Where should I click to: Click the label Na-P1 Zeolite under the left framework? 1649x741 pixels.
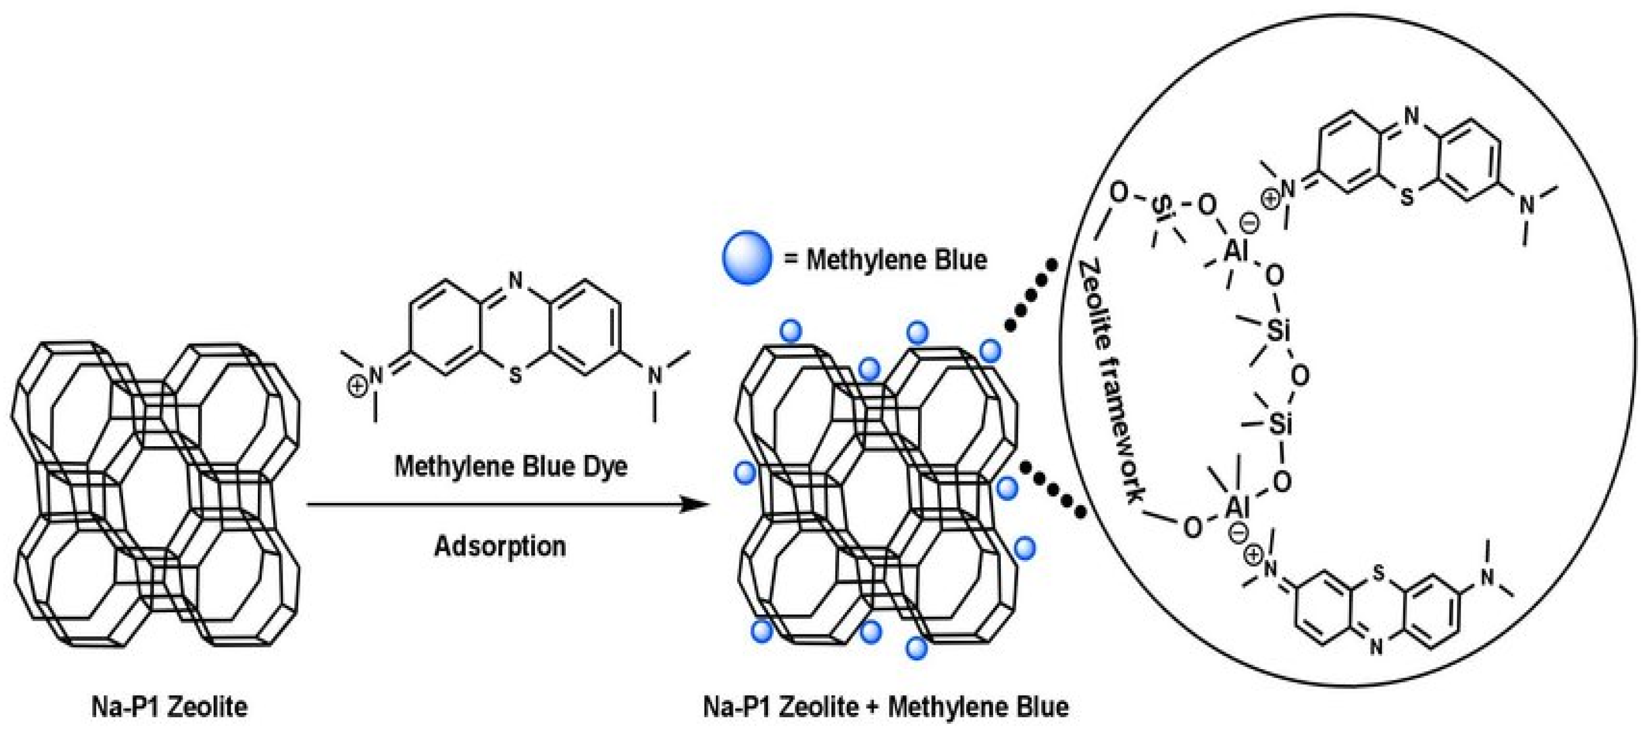(x=169, y=707)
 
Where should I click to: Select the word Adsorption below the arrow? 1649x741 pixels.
(x=500, y=546)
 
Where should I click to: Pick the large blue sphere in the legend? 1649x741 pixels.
(x=746, y=257)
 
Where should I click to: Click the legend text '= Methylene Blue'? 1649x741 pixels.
(x=886, y=260)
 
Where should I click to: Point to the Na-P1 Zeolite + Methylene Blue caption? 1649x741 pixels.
(x=886, y=707)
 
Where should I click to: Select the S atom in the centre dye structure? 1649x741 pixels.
(x=515, y=375)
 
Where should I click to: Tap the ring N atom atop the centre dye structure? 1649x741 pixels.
(x=515, y=280)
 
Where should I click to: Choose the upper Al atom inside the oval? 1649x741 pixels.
(x=1236, y=251)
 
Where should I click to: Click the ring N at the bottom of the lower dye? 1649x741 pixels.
(x=1377, y=648)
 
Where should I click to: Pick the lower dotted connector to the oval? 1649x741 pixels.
(x=1053, y=490)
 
